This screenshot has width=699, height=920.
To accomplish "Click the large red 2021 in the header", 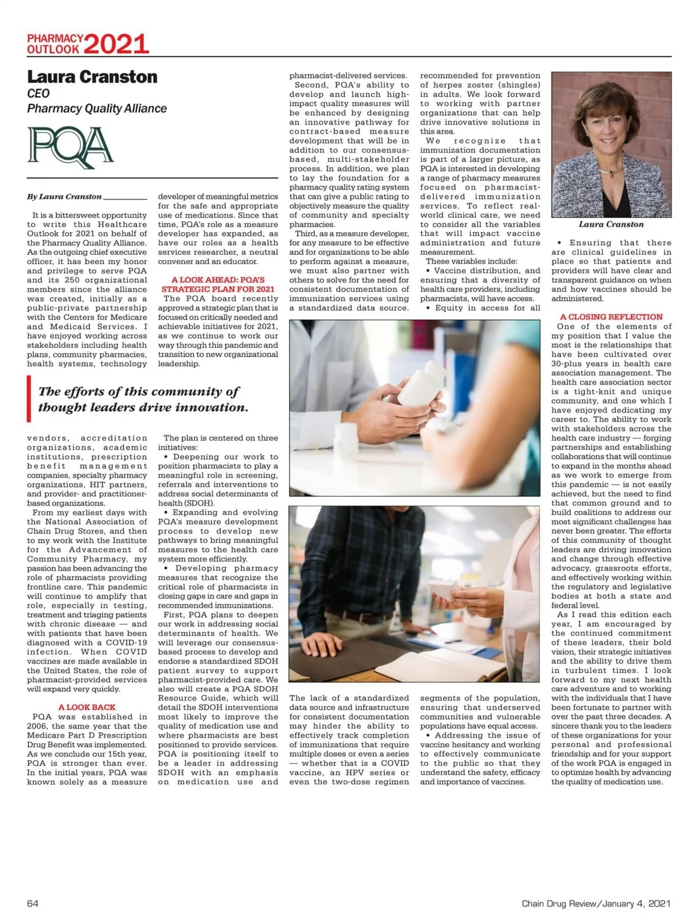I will coord(116,44).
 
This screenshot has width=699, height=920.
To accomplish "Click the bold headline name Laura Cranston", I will coord(92,77).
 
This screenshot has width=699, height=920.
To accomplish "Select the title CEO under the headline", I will coord(38,93).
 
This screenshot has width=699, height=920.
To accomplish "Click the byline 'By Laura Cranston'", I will coord(64,196).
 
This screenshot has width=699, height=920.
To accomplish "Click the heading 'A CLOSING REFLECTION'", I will coord(611,317).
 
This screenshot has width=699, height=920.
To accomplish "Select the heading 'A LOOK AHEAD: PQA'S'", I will coord(218,280).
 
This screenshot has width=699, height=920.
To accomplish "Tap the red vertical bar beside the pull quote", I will coord(29,399).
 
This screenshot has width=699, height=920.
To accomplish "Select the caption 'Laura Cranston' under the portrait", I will coord(611,224).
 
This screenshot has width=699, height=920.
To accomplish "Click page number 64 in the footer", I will coord(33,903).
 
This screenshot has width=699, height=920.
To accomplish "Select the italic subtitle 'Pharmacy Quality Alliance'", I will coord(97,108).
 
